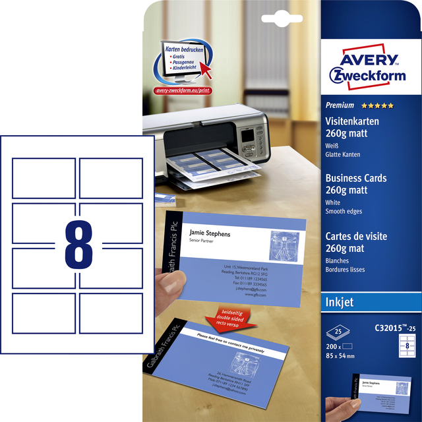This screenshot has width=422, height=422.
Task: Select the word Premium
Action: click(x=340, y=105)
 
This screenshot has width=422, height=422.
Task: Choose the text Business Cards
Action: click(x=356, y=178)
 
